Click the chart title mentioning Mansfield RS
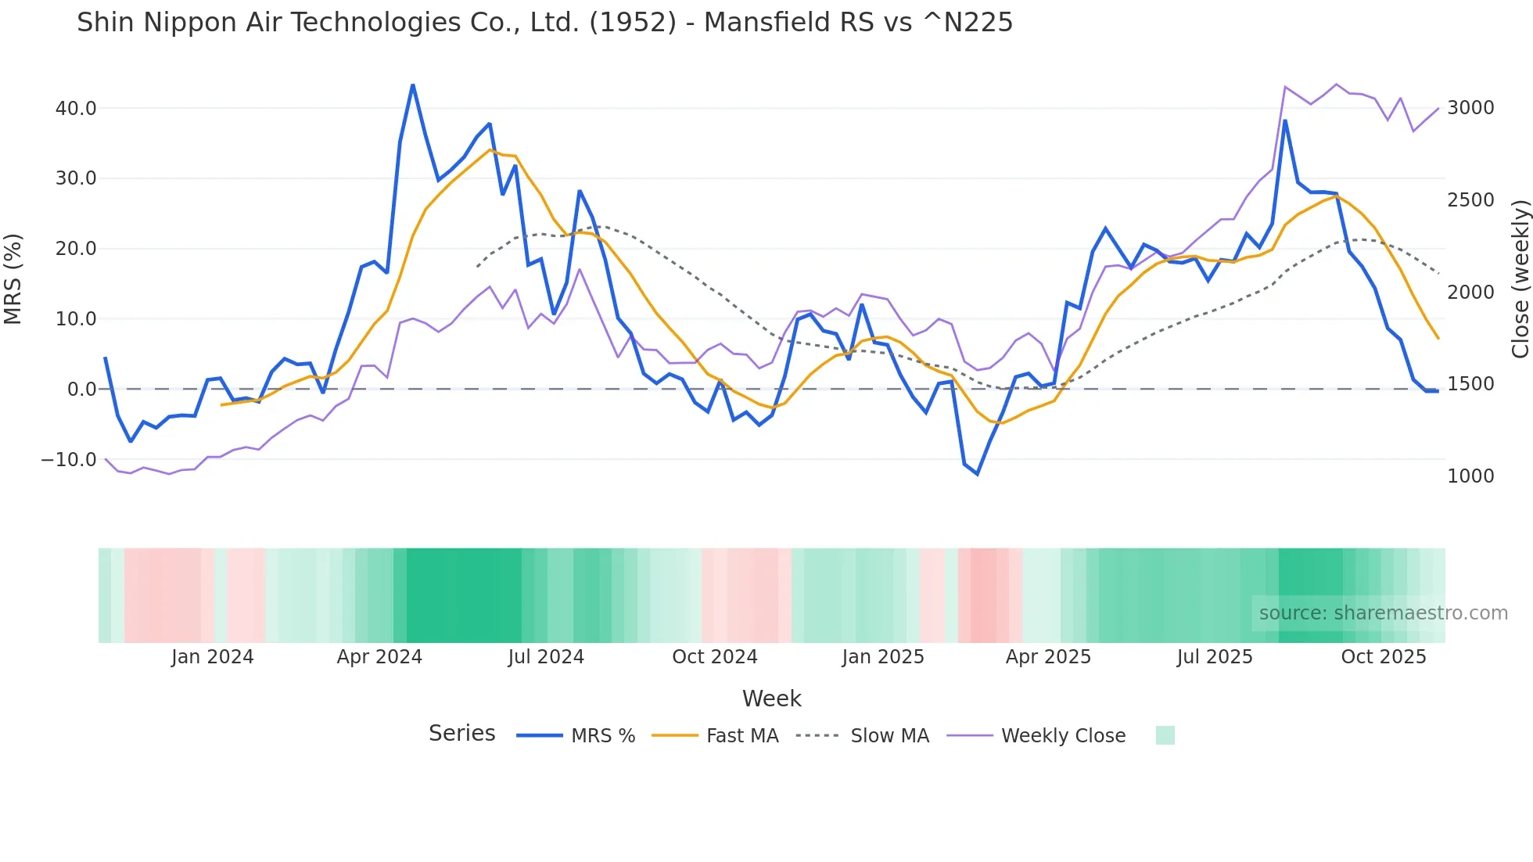tap(544, 23)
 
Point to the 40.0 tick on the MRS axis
tap(76, 109)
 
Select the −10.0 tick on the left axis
tap(69, 460)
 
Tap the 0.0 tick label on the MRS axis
tap(81, 390)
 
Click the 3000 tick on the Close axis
tap(1470, 108)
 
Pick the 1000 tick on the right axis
tap(1470, 476)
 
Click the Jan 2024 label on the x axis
tap(213, 657)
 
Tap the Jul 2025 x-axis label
tap(1215, 657)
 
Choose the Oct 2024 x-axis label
tap(715, 657)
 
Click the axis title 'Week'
tap(771, 699)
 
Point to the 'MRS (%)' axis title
tap(13, 278)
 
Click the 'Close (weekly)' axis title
tap(1520, 278)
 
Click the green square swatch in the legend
tap(1165, 735)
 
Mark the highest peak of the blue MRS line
tap(413, 85)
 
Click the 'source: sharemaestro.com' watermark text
tap(1383, 613)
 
